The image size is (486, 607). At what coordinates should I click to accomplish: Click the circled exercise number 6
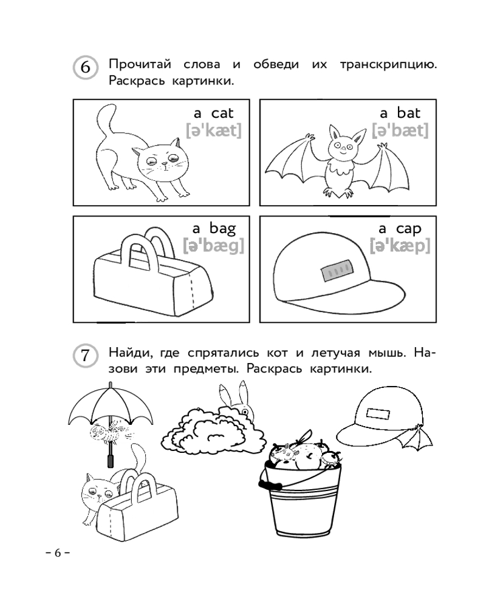(x=85, y=67)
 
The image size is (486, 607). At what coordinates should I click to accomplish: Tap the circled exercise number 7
(x=85, y=355)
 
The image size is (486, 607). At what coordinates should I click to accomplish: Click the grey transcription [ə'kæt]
(x=214, y=131)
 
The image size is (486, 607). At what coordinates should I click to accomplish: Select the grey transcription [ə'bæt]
(x=400, y=131)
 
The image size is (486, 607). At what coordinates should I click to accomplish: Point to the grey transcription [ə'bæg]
(x=214, y=246)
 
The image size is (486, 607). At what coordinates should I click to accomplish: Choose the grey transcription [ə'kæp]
(x=400, y=246)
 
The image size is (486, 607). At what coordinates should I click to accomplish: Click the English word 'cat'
(x=222, y=113)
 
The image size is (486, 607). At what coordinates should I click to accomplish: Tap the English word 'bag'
(x=223, y=229)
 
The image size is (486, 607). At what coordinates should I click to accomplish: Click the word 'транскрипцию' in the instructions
(x=388, y=65)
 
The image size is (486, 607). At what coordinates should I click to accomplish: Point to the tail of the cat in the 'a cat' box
(x=106, y=120)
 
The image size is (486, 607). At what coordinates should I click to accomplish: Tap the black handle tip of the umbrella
(x=111, y=461)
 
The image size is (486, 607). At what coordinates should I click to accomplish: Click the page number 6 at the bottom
(x=58, y=553)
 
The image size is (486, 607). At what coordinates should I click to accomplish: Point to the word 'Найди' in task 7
(x=128, y=353)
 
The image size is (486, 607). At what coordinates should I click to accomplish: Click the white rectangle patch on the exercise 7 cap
(x=377, y=413)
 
